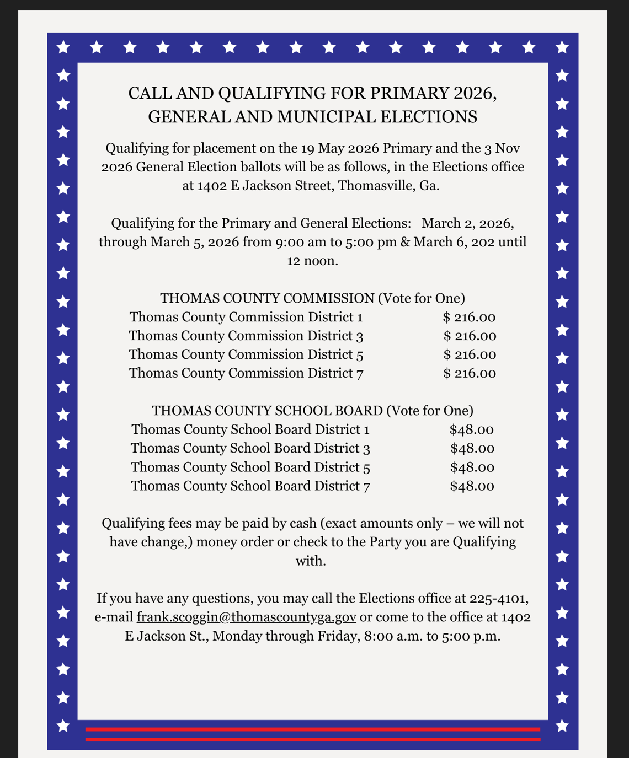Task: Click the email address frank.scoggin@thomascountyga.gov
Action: [246, 617]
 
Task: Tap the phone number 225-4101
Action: [499, 598]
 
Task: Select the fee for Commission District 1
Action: [469, 317]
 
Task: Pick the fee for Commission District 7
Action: [470, 373]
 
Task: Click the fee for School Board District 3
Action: [472, 448]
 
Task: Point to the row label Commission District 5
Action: [246, 354]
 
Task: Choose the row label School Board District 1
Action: [250, 429]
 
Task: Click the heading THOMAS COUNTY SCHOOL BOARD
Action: [267, 411]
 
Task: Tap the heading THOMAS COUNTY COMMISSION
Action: [267, 298]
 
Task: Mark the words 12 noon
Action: [312, 261]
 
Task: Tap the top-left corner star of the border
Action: [63, 47]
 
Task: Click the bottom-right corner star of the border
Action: [562, 725]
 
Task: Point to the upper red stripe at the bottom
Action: [313, 729]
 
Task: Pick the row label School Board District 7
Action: [250, 486]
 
